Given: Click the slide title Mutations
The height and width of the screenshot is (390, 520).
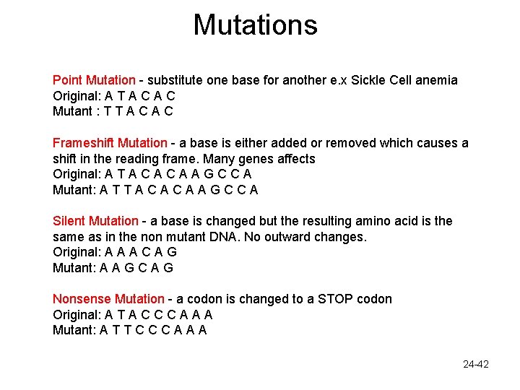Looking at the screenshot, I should (x=255, y=25).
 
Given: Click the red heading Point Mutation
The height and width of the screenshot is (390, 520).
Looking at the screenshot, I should (x=94, y=80).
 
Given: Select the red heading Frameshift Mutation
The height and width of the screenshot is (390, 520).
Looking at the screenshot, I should (x=110, y=143).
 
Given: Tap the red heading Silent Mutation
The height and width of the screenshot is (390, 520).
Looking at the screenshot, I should (x=95, y=221).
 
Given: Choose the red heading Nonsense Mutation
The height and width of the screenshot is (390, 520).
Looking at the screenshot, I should (x=108, y=299).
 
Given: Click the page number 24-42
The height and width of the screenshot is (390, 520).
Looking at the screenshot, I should (x=476, y=364).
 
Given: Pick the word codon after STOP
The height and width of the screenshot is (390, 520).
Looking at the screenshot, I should (x=372, y=299).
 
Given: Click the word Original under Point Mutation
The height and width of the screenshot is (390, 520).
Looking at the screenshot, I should (x=77, y=96).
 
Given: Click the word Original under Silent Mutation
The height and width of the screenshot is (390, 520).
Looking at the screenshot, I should (x=77, y=252).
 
